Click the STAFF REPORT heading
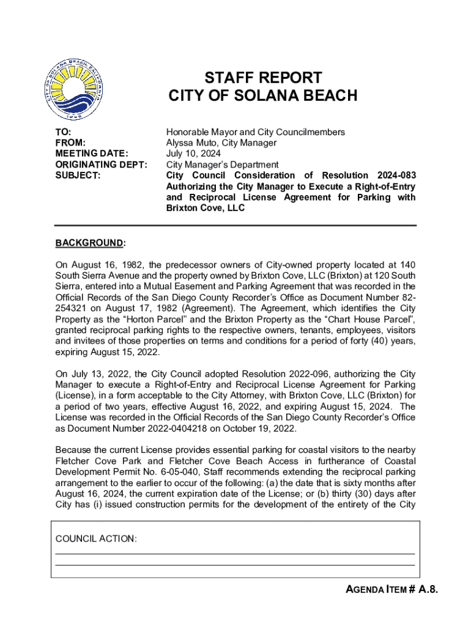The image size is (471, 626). coord(262,78)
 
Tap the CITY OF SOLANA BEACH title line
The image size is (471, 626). coord(262,96)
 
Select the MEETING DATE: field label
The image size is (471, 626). coord(92,153)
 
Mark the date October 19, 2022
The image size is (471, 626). coord(259,429)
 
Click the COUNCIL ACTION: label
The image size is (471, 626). coord(96,539)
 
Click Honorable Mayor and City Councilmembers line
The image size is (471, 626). coord(256,132)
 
